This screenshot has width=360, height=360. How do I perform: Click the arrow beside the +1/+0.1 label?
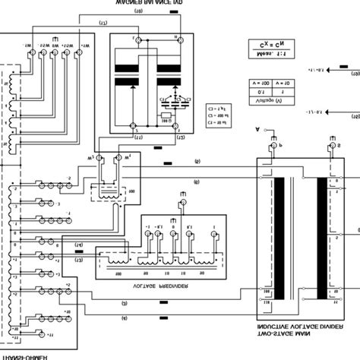[352, 74]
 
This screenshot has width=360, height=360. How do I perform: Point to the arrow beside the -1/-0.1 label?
[352, 118]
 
